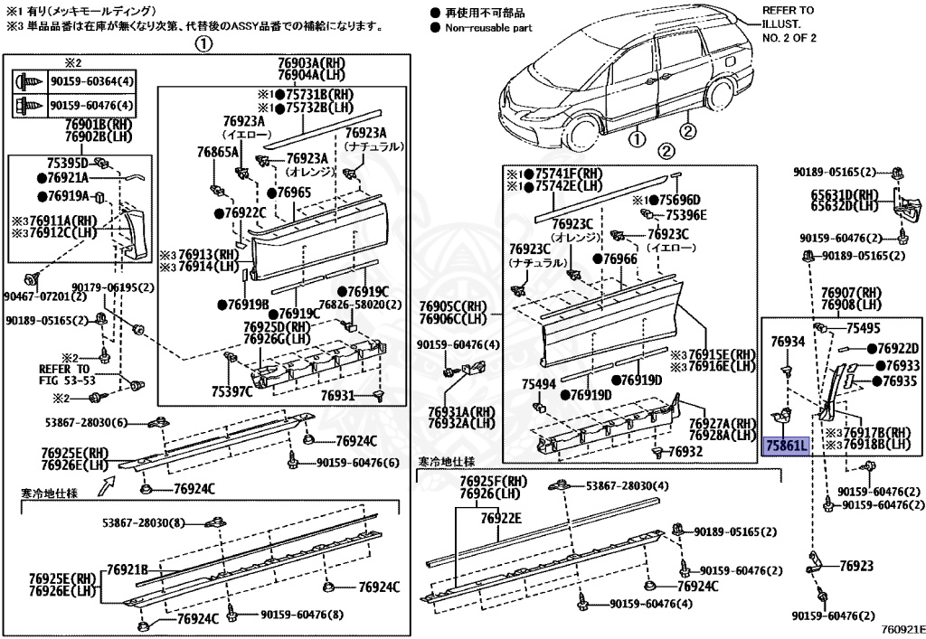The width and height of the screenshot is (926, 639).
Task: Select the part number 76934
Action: click(788, 342)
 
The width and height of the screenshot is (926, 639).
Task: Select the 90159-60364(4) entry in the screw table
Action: click(91, 81)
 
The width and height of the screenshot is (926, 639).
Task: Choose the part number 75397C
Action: click(231, 391)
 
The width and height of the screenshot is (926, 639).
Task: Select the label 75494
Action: click(538, 384)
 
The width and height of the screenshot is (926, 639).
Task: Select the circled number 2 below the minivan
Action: click(688, 134)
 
